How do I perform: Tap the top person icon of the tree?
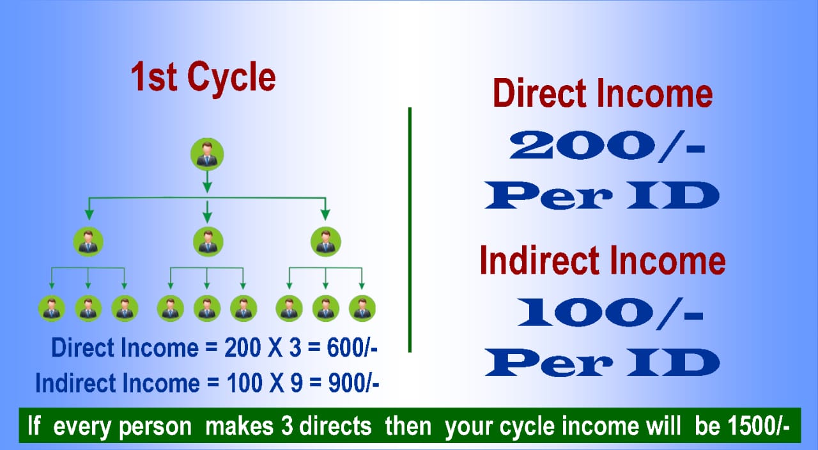[207, 154]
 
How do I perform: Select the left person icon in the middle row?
[88, 242]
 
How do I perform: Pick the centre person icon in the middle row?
[208, 242]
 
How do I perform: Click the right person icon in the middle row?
[326, 242]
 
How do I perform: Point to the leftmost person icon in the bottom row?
[52, 308]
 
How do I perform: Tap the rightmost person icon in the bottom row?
[362, 308]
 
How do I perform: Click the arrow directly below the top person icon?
[207, 182]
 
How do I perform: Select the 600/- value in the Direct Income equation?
[352, 347]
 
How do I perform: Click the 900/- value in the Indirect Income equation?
[353, 383]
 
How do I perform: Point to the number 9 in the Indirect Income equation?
[296, 383]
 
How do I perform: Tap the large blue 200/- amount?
[607, 146]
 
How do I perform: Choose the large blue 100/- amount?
[610, 313]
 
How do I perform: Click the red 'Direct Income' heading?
[603, 93]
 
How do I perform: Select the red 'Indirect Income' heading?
[603, 260]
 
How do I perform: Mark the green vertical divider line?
[410, 229]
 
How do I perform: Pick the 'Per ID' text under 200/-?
[602, 196]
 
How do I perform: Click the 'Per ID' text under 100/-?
[603, 362]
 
